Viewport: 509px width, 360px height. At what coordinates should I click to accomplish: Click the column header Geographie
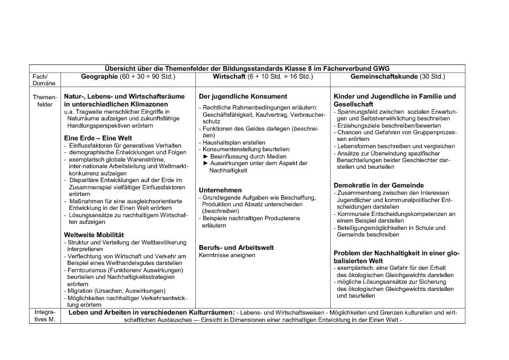[x=99, y=77]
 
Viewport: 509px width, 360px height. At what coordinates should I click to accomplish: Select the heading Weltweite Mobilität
[x=94, y=234]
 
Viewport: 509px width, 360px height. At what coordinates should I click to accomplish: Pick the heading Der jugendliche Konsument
[x=243, y=96]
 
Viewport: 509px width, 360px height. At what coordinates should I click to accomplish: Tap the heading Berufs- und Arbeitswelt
[x=236, y=247]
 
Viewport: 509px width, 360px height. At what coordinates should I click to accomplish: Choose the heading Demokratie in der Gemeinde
[x=378, y=185]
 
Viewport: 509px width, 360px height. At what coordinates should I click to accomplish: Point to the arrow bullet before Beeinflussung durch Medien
[x=206, y=156]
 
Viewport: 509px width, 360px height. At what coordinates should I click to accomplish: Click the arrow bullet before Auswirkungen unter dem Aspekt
[x=206, y=163]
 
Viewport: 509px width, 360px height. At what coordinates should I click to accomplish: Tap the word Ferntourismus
[x=86, y=270]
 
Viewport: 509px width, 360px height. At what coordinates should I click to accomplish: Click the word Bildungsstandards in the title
[x=230, y=69]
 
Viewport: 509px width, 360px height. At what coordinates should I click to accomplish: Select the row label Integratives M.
[x=45, y=316]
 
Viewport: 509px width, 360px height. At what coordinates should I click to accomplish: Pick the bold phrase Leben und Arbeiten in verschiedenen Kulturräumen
[x=152, y=312]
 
